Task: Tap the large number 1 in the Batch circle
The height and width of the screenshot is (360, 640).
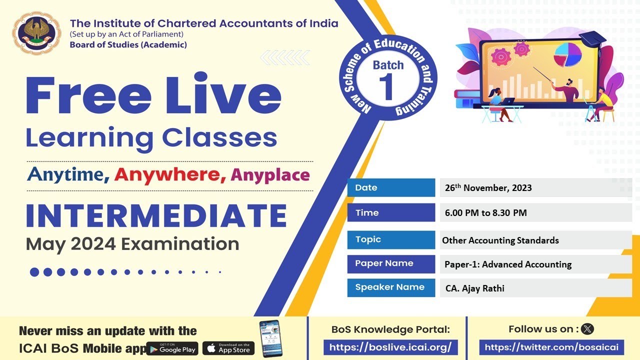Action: [x=388, y=86]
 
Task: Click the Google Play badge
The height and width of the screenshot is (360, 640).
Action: [x=172, y=348]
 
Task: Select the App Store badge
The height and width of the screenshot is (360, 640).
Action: [x=228, y=348]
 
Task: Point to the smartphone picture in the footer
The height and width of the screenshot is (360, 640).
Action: [x=270, y=338]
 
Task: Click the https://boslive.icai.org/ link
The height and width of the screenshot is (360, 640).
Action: [x=390, y=347]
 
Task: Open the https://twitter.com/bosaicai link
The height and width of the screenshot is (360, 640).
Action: [x=551, y=347]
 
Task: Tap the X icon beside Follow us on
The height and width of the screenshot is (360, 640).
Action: [x=588, y=329]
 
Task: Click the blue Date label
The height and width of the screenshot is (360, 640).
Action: [x=391, y=188]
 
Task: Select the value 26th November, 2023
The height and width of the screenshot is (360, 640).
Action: [x=488, y=188]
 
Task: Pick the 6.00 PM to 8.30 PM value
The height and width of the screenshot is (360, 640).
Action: [x=485, y=213]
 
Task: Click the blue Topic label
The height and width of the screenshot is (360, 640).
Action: [x=391, y=239]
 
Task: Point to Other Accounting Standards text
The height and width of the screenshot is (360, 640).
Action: [x=500, y=240]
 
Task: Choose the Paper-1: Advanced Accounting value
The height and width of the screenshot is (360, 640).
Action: [x=507, y=264]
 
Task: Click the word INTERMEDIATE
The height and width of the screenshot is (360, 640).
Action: [x=156, y=215]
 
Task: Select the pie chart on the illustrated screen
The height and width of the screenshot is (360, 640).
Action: [x=567, y=54]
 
